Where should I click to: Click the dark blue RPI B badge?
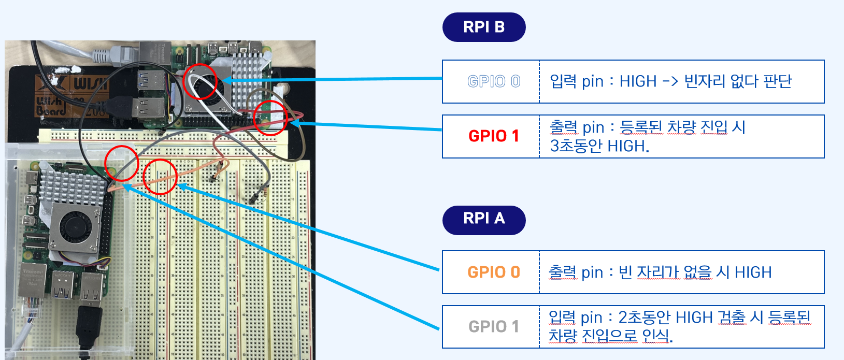point(484,27)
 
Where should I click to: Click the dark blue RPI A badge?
point(484,218)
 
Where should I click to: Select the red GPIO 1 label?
point(493,136)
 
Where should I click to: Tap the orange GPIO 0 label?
point(493,272)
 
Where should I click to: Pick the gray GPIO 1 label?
point(493,326)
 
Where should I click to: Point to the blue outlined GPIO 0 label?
point(493,81)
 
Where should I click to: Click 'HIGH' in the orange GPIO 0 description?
point(753,272)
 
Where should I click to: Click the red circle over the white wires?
point(200,81)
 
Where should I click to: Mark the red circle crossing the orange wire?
point(160,177)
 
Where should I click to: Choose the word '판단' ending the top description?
point(778,81)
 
